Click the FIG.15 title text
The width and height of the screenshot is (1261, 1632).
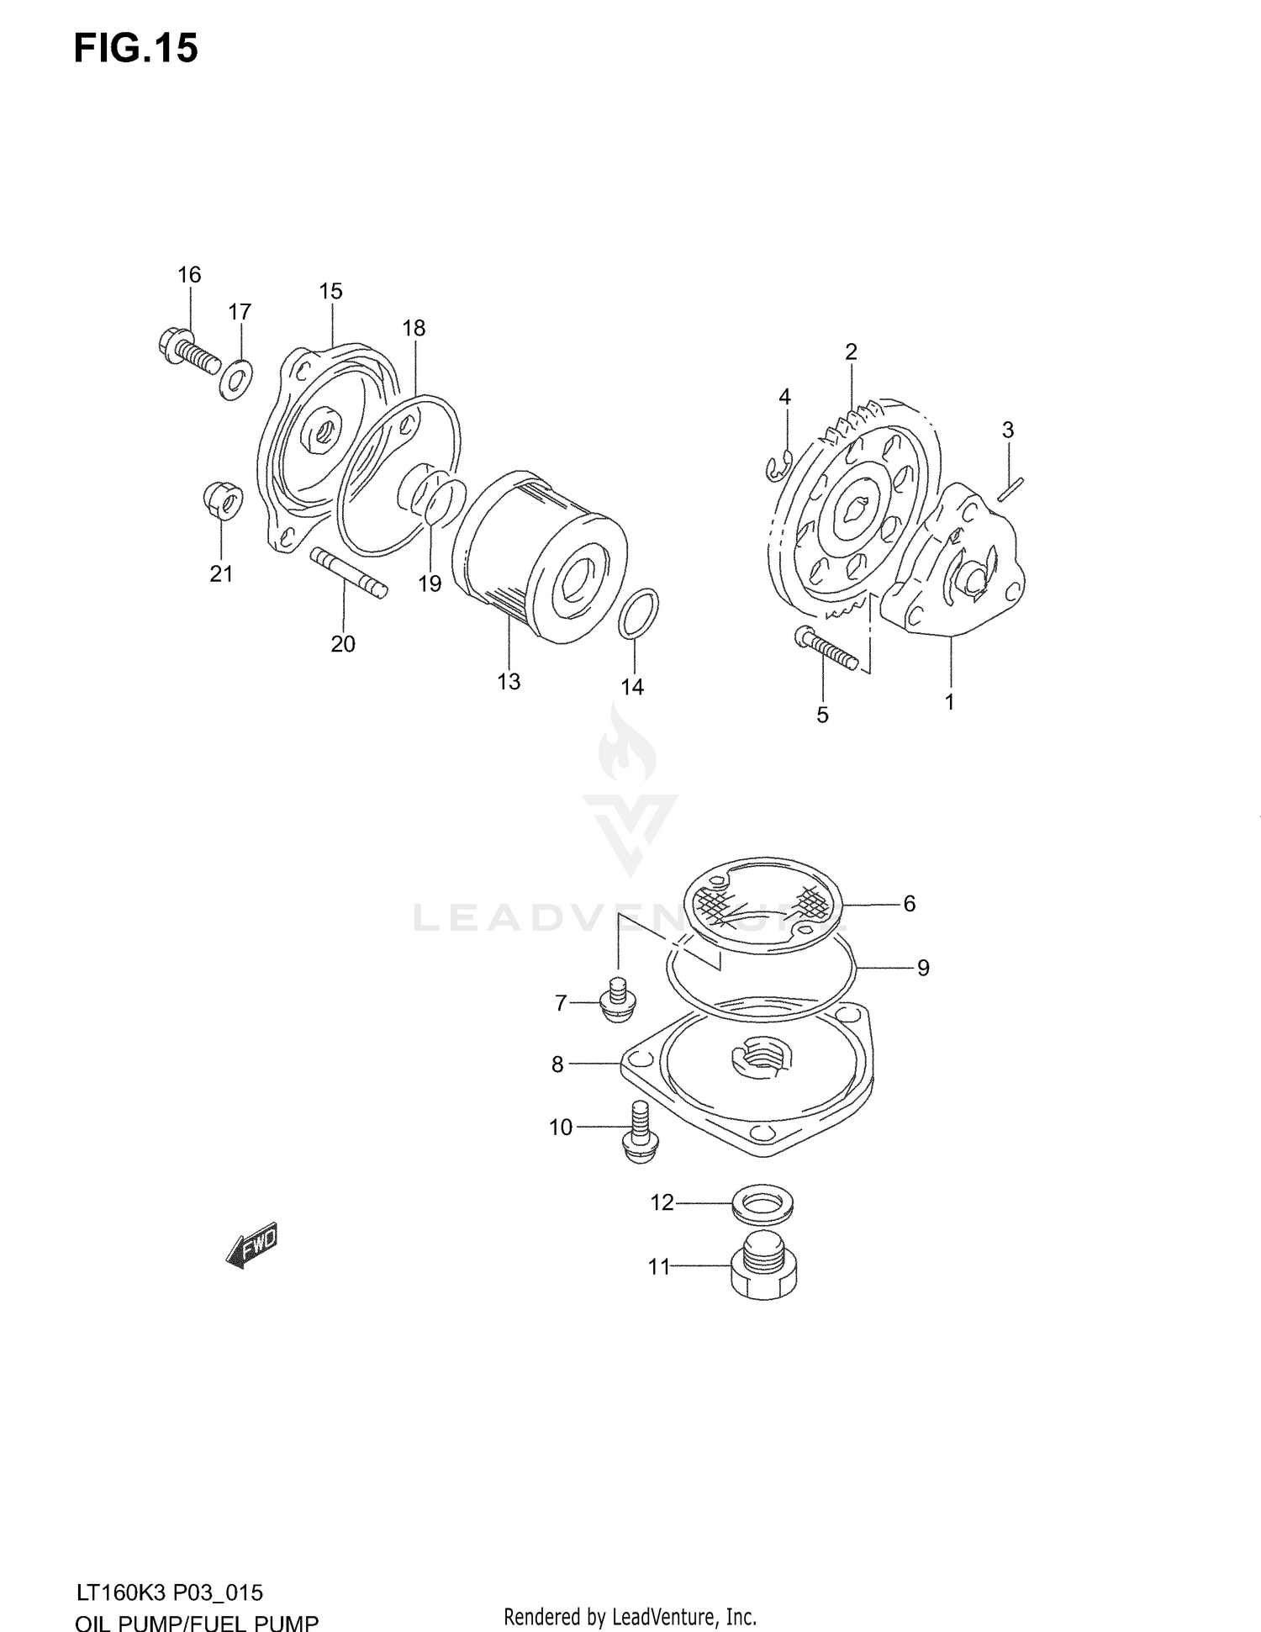(135, 49)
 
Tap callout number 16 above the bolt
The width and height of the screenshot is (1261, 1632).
(189, 275)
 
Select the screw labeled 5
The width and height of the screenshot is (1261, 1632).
(826, 649)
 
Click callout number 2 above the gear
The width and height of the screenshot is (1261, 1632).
(851, 352)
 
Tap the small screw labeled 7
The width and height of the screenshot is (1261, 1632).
(618, 1001)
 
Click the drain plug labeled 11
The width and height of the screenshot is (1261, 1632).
(760, 1271)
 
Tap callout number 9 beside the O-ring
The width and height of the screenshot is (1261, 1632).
(923, 969)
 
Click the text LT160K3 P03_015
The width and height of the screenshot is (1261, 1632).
(169, 1592)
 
